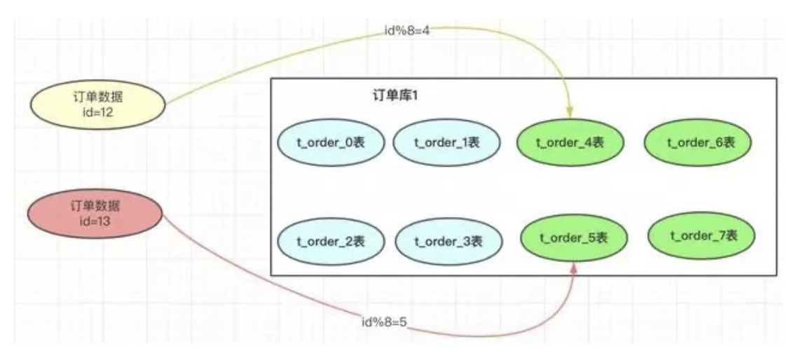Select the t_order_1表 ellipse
pos(447,143)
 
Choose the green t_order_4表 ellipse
pos(570,143)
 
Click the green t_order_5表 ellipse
pos(574,239)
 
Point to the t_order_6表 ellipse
pos(700,143)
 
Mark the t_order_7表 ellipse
pos(703,236)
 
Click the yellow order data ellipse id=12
pos(97,104)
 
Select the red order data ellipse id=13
pos(95,212)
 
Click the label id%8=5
pos(384,324)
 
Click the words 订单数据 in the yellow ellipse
pos(97,98)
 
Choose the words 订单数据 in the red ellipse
pos(95,205)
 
